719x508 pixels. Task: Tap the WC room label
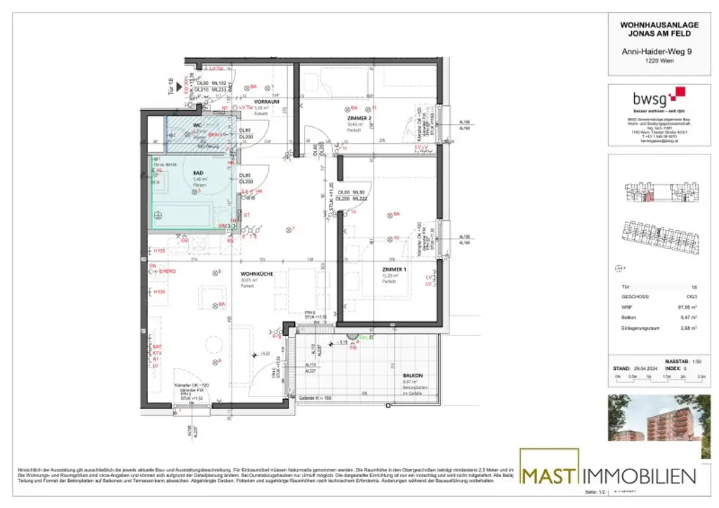click(197, 126)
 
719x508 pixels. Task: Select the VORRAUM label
click(268, 102)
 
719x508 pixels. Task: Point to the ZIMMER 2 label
click(359, 119)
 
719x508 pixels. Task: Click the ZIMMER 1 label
click(394, 269)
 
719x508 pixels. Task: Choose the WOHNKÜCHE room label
click(253, 274)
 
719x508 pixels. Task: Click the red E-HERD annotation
click(166, 272)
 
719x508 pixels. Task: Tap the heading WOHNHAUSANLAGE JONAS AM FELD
click(654, 28)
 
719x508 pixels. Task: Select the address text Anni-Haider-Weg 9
click(654, 51)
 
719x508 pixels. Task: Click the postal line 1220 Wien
click(654, 60)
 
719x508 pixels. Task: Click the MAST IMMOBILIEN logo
click(608, 475)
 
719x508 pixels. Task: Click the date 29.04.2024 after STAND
click(645, 367)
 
